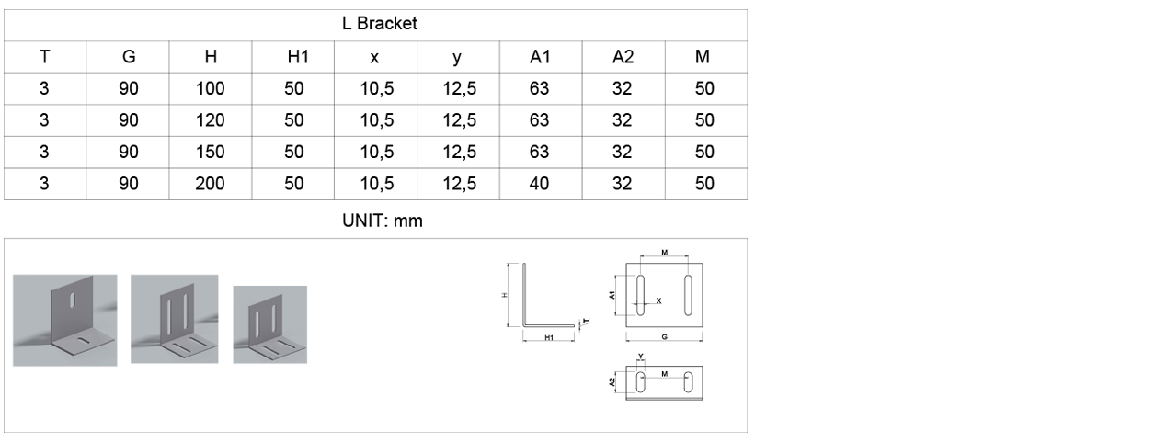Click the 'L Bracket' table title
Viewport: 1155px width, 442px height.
click(x=375, y=24)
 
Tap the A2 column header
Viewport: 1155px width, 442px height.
click(x=623, y=57)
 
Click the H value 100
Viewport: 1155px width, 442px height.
click(x=210, y=89)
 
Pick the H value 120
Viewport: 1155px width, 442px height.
click(x=210, y=120)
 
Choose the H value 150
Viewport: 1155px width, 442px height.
click(x=210, y=153)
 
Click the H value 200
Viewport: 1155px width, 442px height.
click(x=210, y=184)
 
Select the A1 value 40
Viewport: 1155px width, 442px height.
click(x=540, y=184)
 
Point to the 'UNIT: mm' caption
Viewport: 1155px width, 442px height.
click(x=376, y=221)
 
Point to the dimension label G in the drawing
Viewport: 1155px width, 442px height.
click(x=663, y=337)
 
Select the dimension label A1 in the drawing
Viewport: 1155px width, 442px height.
click(x=613, y=295)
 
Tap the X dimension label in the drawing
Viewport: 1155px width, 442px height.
click(x=658, y=300)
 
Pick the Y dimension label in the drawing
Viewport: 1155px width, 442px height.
click(x=640, y=355)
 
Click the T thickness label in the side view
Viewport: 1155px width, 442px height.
click(x=586, y=321)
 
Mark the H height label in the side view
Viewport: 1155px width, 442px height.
click(x=505, y=294)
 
